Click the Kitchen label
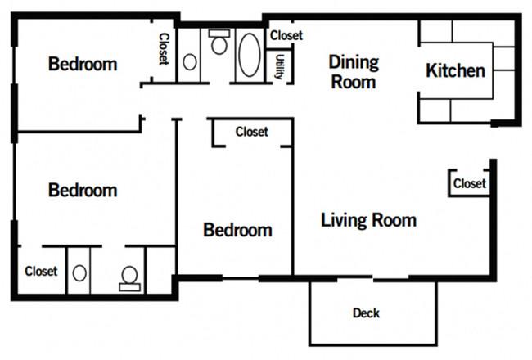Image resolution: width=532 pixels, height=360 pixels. point(455,70)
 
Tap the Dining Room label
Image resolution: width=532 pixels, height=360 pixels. point(354,72)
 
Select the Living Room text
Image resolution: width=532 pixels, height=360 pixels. point(369,220)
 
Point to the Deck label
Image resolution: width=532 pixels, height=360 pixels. point(366,313)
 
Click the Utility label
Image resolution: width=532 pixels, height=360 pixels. point(280,67)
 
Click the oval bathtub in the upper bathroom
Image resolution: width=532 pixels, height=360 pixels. point(250,55)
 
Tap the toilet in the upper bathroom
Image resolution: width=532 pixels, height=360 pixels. point(219,42)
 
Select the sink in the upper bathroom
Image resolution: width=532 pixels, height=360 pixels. point(190,62)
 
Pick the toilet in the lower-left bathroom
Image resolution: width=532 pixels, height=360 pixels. point(129,279)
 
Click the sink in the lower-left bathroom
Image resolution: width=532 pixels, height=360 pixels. point(79,273)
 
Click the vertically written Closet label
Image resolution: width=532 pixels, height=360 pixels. point(164,49)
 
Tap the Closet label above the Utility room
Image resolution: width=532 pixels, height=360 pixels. point(286,35)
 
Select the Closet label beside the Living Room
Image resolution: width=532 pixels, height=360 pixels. point(470,183)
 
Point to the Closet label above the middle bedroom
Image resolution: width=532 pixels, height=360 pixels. point(252,132)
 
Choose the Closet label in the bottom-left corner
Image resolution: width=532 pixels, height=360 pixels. point(41,271)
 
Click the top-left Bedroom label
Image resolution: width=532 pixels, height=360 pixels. point(83,64)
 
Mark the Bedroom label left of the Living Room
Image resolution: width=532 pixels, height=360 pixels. point(237,230)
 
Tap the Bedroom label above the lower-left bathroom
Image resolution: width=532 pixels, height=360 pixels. point(83,190)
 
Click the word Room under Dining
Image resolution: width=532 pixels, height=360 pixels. point(354,82)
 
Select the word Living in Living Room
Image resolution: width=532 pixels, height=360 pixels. point(344,221)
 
